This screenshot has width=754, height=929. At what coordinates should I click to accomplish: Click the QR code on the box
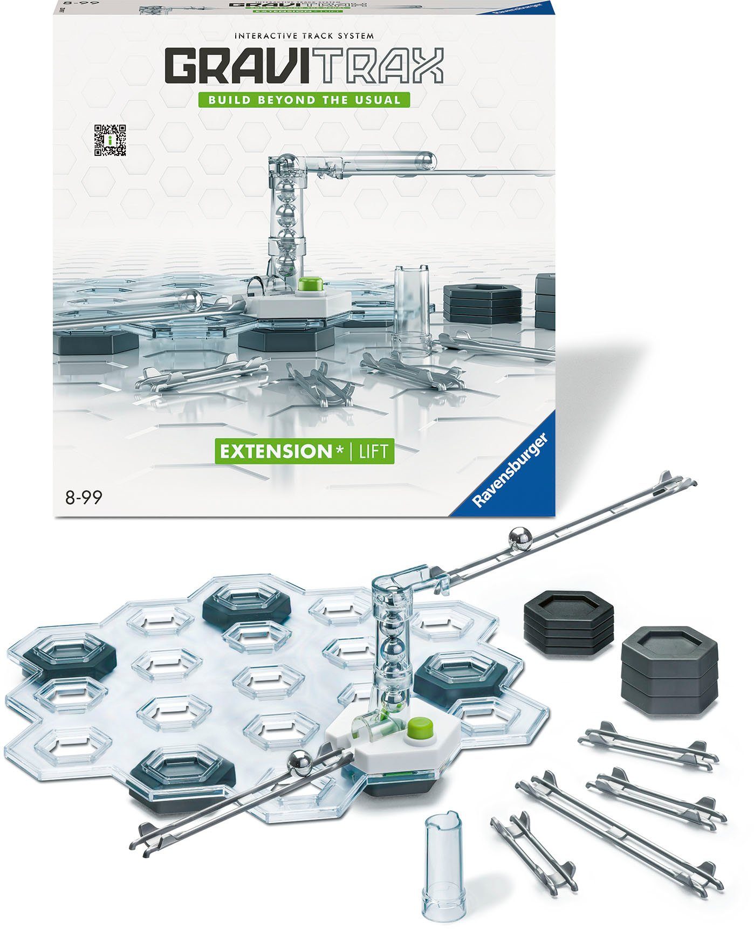click(110, 140)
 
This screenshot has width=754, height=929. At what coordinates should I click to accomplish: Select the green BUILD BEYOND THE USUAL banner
click(303, 100)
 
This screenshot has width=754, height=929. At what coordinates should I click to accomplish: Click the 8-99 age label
click(84, 498)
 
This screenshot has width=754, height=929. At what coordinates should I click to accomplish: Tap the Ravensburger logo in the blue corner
click(510, 471)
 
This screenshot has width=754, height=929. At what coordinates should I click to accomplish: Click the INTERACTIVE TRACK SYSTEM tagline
click(304, 36)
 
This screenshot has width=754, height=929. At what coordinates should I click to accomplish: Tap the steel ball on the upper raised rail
click(520, 539)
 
